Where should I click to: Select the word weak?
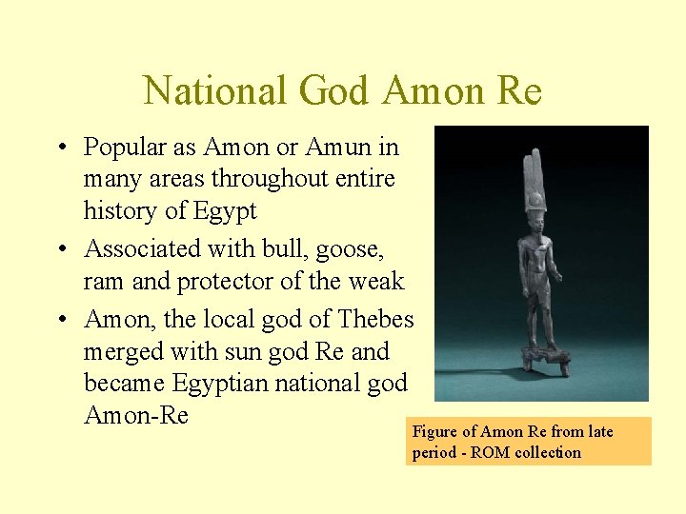click(x=377, y=282)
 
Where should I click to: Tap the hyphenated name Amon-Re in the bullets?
click(x=136, y=416)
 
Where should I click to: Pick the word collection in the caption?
click(x=548, y=452)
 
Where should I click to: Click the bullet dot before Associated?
click(x=63, y=250)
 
